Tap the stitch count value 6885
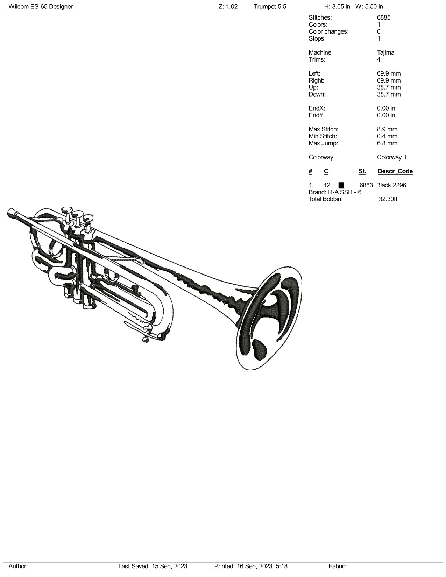384,17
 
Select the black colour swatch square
341,185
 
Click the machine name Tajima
385,52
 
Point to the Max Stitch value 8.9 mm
387,129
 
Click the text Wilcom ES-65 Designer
41,7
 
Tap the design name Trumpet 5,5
270,7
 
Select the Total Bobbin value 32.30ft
388,199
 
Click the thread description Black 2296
391,185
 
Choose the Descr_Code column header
395,171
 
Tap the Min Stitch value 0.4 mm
387,136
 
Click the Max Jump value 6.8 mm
387,143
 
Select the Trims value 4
378,59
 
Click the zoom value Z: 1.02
228,7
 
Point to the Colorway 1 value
391,157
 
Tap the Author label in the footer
18,566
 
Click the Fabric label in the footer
338,566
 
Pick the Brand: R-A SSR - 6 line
335,192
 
